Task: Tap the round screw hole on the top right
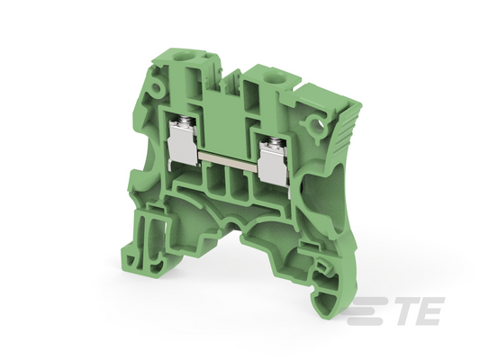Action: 269,75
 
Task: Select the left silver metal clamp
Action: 183,145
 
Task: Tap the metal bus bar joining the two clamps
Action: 228,160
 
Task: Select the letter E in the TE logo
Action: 429,311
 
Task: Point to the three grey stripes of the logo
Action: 367,310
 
